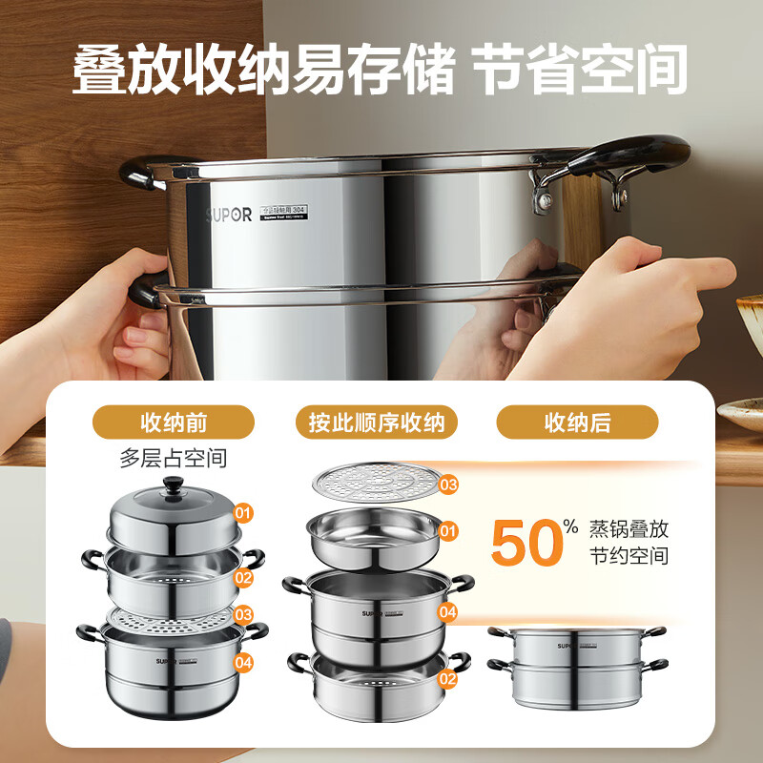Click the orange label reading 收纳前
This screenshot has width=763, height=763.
coord(173,422)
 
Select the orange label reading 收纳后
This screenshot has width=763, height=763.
coord(577,422)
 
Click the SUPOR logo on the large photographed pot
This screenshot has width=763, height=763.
coord(229,216)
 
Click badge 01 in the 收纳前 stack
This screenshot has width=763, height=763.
coord(244,514)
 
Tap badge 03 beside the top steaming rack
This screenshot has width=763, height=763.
coord(447,485)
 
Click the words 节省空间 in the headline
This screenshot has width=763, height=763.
coord(583,69)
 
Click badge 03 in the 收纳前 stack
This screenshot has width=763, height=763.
coord(244,615)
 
